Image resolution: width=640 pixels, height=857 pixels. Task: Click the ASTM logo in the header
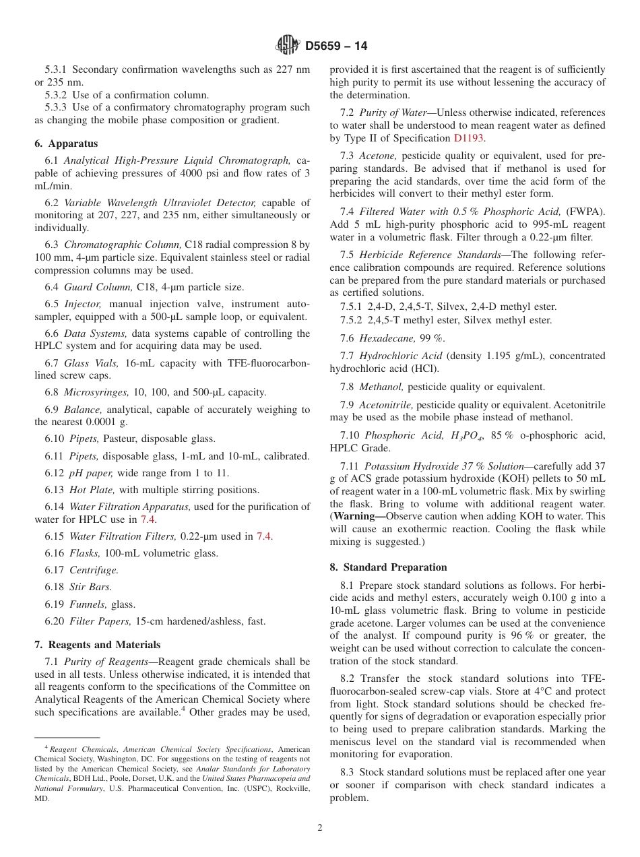pos(288,46)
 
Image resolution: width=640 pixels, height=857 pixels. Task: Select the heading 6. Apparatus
pos(66,144)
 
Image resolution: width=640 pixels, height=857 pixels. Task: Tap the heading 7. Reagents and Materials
pos(97,645)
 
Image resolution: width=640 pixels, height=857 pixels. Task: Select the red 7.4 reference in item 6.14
pos(148,519)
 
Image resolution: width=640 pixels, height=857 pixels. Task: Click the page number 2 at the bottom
pos(320,828)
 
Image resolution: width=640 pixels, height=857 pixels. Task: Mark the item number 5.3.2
pos(56,94)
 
